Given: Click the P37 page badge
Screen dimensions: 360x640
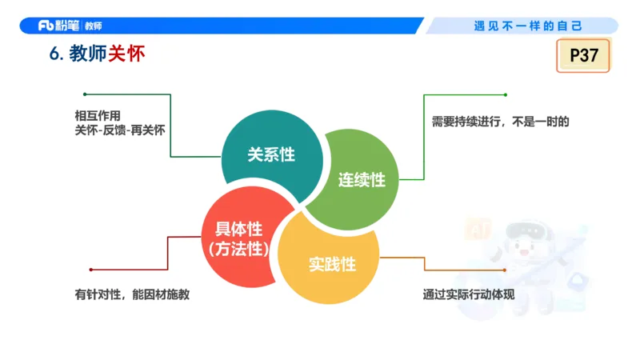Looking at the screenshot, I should (583, 56).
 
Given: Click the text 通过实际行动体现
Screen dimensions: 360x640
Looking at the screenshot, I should (468, 294).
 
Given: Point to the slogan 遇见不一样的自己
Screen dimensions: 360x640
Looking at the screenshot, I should (528, 26).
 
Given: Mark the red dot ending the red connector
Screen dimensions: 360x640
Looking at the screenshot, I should (90, 270).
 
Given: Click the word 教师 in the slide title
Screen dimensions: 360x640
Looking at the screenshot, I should (88, 54).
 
